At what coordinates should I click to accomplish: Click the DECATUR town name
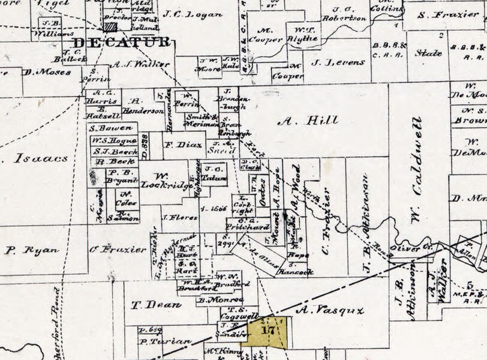[x=122, y=43]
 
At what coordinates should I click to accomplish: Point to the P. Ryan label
[x=31, y=250]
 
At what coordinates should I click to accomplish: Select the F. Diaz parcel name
[x=176, y=145]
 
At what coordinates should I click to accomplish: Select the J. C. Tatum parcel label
[x=213, y=173]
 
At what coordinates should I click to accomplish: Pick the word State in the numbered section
[x=429, y=53]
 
